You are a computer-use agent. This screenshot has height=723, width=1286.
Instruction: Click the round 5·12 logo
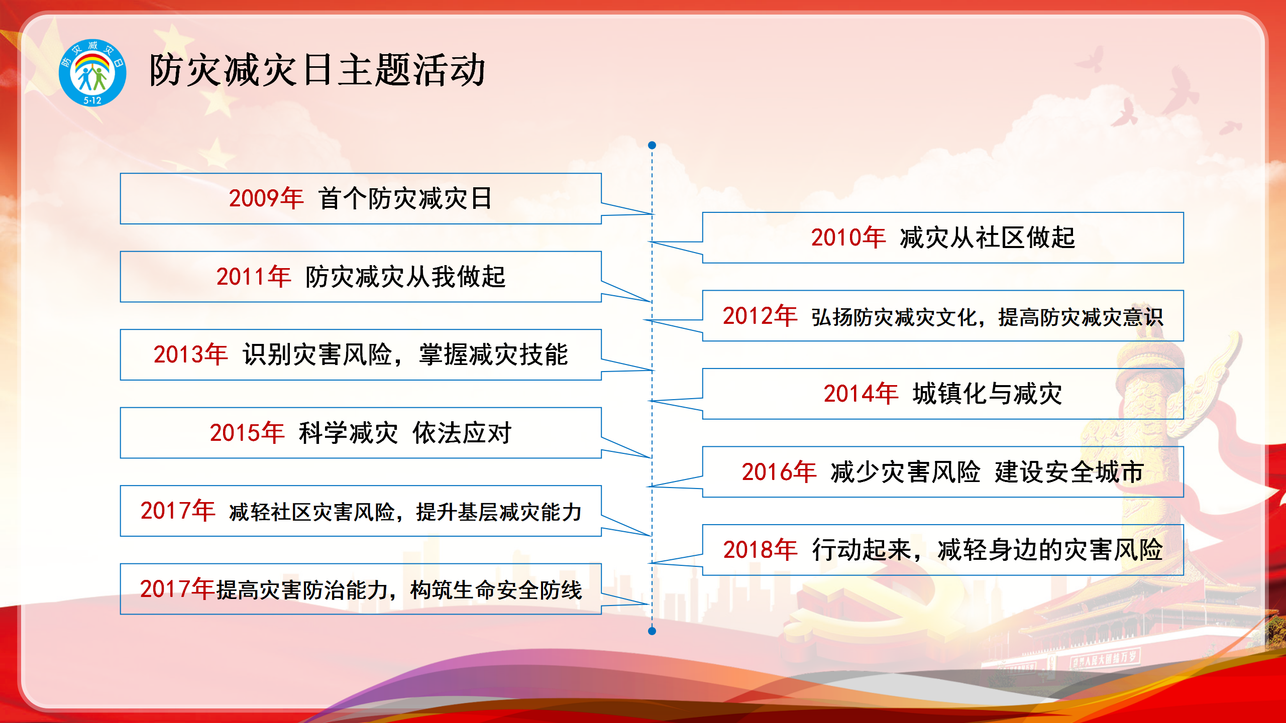(x=92, y=73)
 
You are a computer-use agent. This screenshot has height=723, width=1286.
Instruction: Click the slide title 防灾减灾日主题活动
(x=317, y=70)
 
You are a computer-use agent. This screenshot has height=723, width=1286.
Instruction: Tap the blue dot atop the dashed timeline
(x=652, y=145)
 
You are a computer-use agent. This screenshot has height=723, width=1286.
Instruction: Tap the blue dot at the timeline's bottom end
(x=652, y=631)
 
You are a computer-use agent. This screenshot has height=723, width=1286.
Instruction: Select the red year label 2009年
(x=266, y=198)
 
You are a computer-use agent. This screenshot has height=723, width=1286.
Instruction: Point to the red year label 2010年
(x=848, y=237)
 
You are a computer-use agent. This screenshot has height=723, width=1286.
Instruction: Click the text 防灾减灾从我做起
(x=405, y=277)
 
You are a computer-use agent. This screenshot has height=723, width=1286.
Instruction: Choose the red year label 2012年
(x=760, y=316)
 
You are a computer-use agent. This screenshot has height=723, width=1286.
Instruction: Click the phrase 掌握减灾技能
(x=494, y=354)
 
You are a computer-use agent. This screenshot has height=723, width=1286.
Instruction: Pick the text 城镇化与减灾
(x=988, y=394)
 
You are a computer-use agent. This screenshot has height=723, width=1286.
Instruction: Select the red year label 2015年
(x=247, y=433)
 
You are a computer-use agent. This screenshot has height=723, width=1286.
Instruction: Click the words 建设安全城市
(x=1069, y=472)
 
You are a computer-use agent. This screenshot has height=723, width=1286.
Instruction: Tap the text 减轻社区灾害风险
(x=311, y=512)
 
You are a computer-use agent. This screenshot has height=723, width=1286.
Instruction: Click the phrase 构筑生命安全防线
(x=496, y=590)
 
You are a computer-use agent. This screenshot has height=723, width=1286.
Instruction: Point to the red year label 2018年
(x=761, y=550)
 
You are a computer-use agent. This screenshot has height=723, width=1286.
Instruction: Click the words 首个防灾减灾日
(x=405, y=198)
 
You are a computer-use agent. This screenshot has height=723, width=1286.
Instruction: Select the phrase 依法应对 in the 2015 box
(x=462, y=433)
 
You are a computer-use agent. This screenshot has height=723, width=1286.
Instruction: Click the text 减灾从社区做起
(x=988, y=237)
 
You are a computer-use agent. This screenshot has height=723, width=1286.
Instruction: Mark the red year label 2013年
(x=191, y=354)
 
